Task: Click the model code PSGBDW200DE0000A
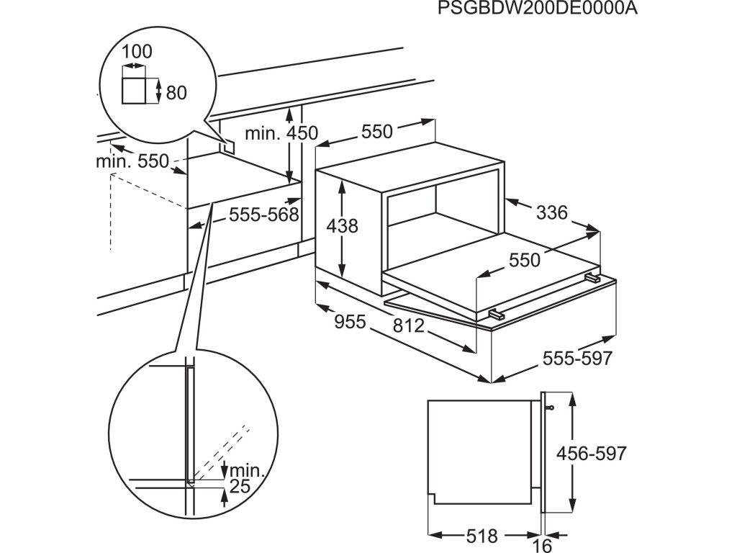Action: (538, 9)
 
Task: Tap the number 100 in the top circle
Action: (137, 52)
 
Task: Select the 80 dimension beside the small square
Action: (176, 92)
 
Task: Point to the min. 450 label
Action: (281, 133)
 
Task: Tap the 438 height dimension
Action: (342, 225)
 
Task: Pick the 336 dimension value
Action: (552, 212)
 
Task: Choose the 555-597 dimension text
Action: (578, 358)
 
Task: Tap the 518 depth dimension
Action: (481, 536)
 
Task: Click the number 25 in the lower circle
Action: (240, 487)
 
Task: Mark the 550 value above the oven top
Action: (377, 132)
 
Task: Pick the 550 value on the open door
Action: (524, 260)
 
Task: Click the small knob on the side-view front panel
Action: (551, 408)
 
